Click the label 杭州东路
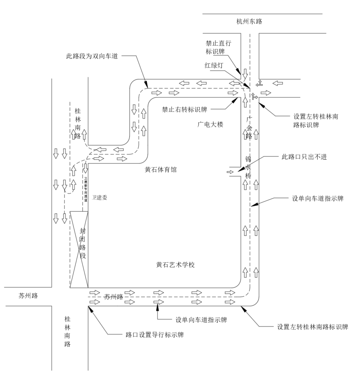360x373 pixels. (x=249, y=21)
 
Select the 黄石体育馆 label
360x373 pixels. (x=161, y=170)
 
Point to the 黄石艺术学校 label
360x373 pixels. (x=175, y=265)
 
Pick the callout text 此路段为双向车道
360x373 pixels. (x=91, y=56)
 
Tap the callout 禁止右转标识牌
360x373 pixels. (x=184, y=109)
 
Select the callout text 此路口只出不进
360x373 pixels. (x=302, y=157)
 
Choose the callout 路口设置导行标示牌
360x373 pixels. (x=155, y=335)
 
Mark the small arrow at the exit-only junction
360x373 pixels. (x=230, y=172)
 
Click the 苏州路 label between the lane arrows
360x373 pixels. (x=114, y=297)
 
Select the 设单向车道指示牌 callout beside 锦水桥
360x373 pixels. (x=318, y=198)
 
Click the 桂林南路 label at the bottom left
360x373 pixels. (x=68, y=331)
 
